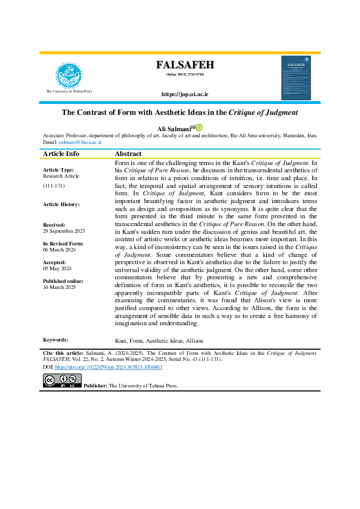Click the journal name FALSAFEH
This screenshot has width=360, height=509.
(x=185, y=65)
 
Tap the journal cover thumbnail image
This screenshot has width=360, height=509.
(x=298, y=78)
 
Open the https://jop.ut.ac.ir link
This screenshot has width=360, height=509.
(x=185, y=94)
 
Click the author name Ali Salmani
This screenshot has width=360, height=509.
(x=174, y=128)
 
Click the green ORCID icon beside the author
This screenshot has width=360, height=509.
(x=199, y=127)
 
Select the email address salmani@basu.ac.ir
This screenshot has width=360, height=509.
(x=80, y=143)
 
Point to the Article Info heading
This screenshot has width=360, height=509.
(x=61, y=154)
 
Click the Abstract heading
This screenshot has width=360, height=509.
(x=128, y=154)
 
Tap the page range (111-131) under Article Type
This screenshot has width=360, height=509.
(x=54, y=186)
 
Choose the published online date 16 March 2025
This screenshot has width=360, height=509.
(x=58, y=288)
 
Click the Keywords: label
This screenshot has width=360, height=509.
(x=56, y=340)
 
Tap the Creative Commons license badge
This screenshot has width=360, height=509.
(x=62, y=380)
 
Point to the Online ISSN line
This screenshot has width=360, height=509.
(x=185, y=74)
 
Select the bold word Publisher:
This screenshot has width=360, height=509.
(x=96, y=385)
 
